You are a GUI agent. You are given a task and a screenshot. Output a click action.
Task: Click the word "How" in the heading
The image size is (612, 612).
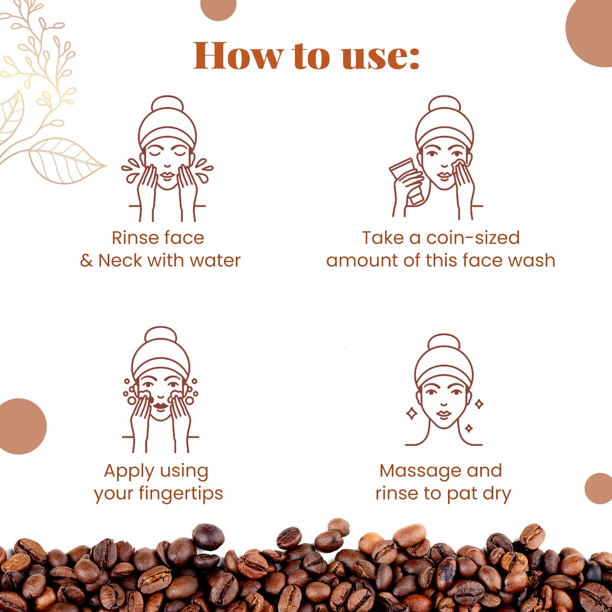click(x=238, y=55)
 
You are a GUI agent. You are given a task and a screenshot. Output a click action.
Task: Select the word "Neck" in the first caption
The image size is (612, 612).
click(x=120, y=260)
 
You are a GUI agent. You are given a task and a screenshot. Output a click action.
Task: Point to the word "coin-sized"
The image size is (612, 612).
click(x=473, y=237)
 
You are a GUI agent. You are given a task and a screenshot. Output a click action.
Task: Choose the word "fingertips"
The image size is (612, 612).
click(x=181, y=494)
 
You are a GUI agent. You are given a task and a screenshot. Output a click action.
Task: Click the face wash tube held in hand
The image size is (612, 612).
click(x=406, y=180)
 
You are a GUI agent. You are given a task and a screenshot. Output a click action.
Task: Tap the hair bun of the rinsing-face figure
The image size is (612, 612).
click(x=168, y=104)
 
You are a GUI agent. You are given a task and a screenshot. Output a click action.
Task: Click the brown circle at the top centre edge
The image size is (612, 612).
click(x=219, y=7)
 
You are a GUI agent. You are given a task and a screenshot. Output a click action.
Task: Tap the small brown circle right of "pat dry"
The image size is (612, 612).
click(x=599, y=488)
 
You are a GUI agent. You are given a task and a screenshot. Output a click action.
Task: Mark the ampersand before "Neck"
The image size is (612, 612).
click(x=86, y=261)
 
